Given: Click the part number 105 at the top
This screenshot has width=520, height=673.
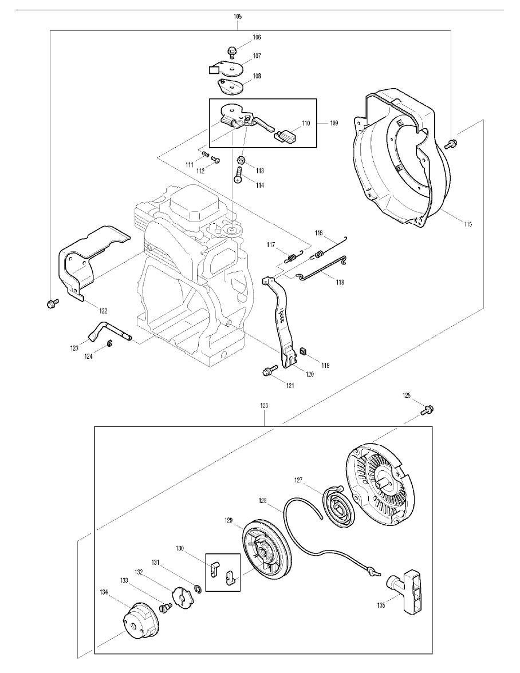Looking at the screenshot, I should coord(238,17).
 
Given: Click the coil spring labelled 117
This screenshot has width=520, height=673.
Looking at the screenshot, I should coord(291,256).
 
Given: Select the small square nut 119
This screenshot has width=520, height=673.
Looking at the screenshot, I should coord(304,351).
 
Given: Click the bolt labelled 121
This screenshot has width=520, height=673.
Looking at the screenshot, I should coord(267,373).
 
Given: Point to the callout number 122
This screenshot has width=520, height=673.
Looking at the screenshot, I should coord(103,311).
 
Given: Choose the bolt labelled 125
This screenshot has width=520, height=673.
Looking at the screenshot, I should coord(427,409).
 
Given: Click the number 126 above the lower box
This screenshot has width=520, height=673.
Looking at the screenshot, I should coord(264,405).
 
